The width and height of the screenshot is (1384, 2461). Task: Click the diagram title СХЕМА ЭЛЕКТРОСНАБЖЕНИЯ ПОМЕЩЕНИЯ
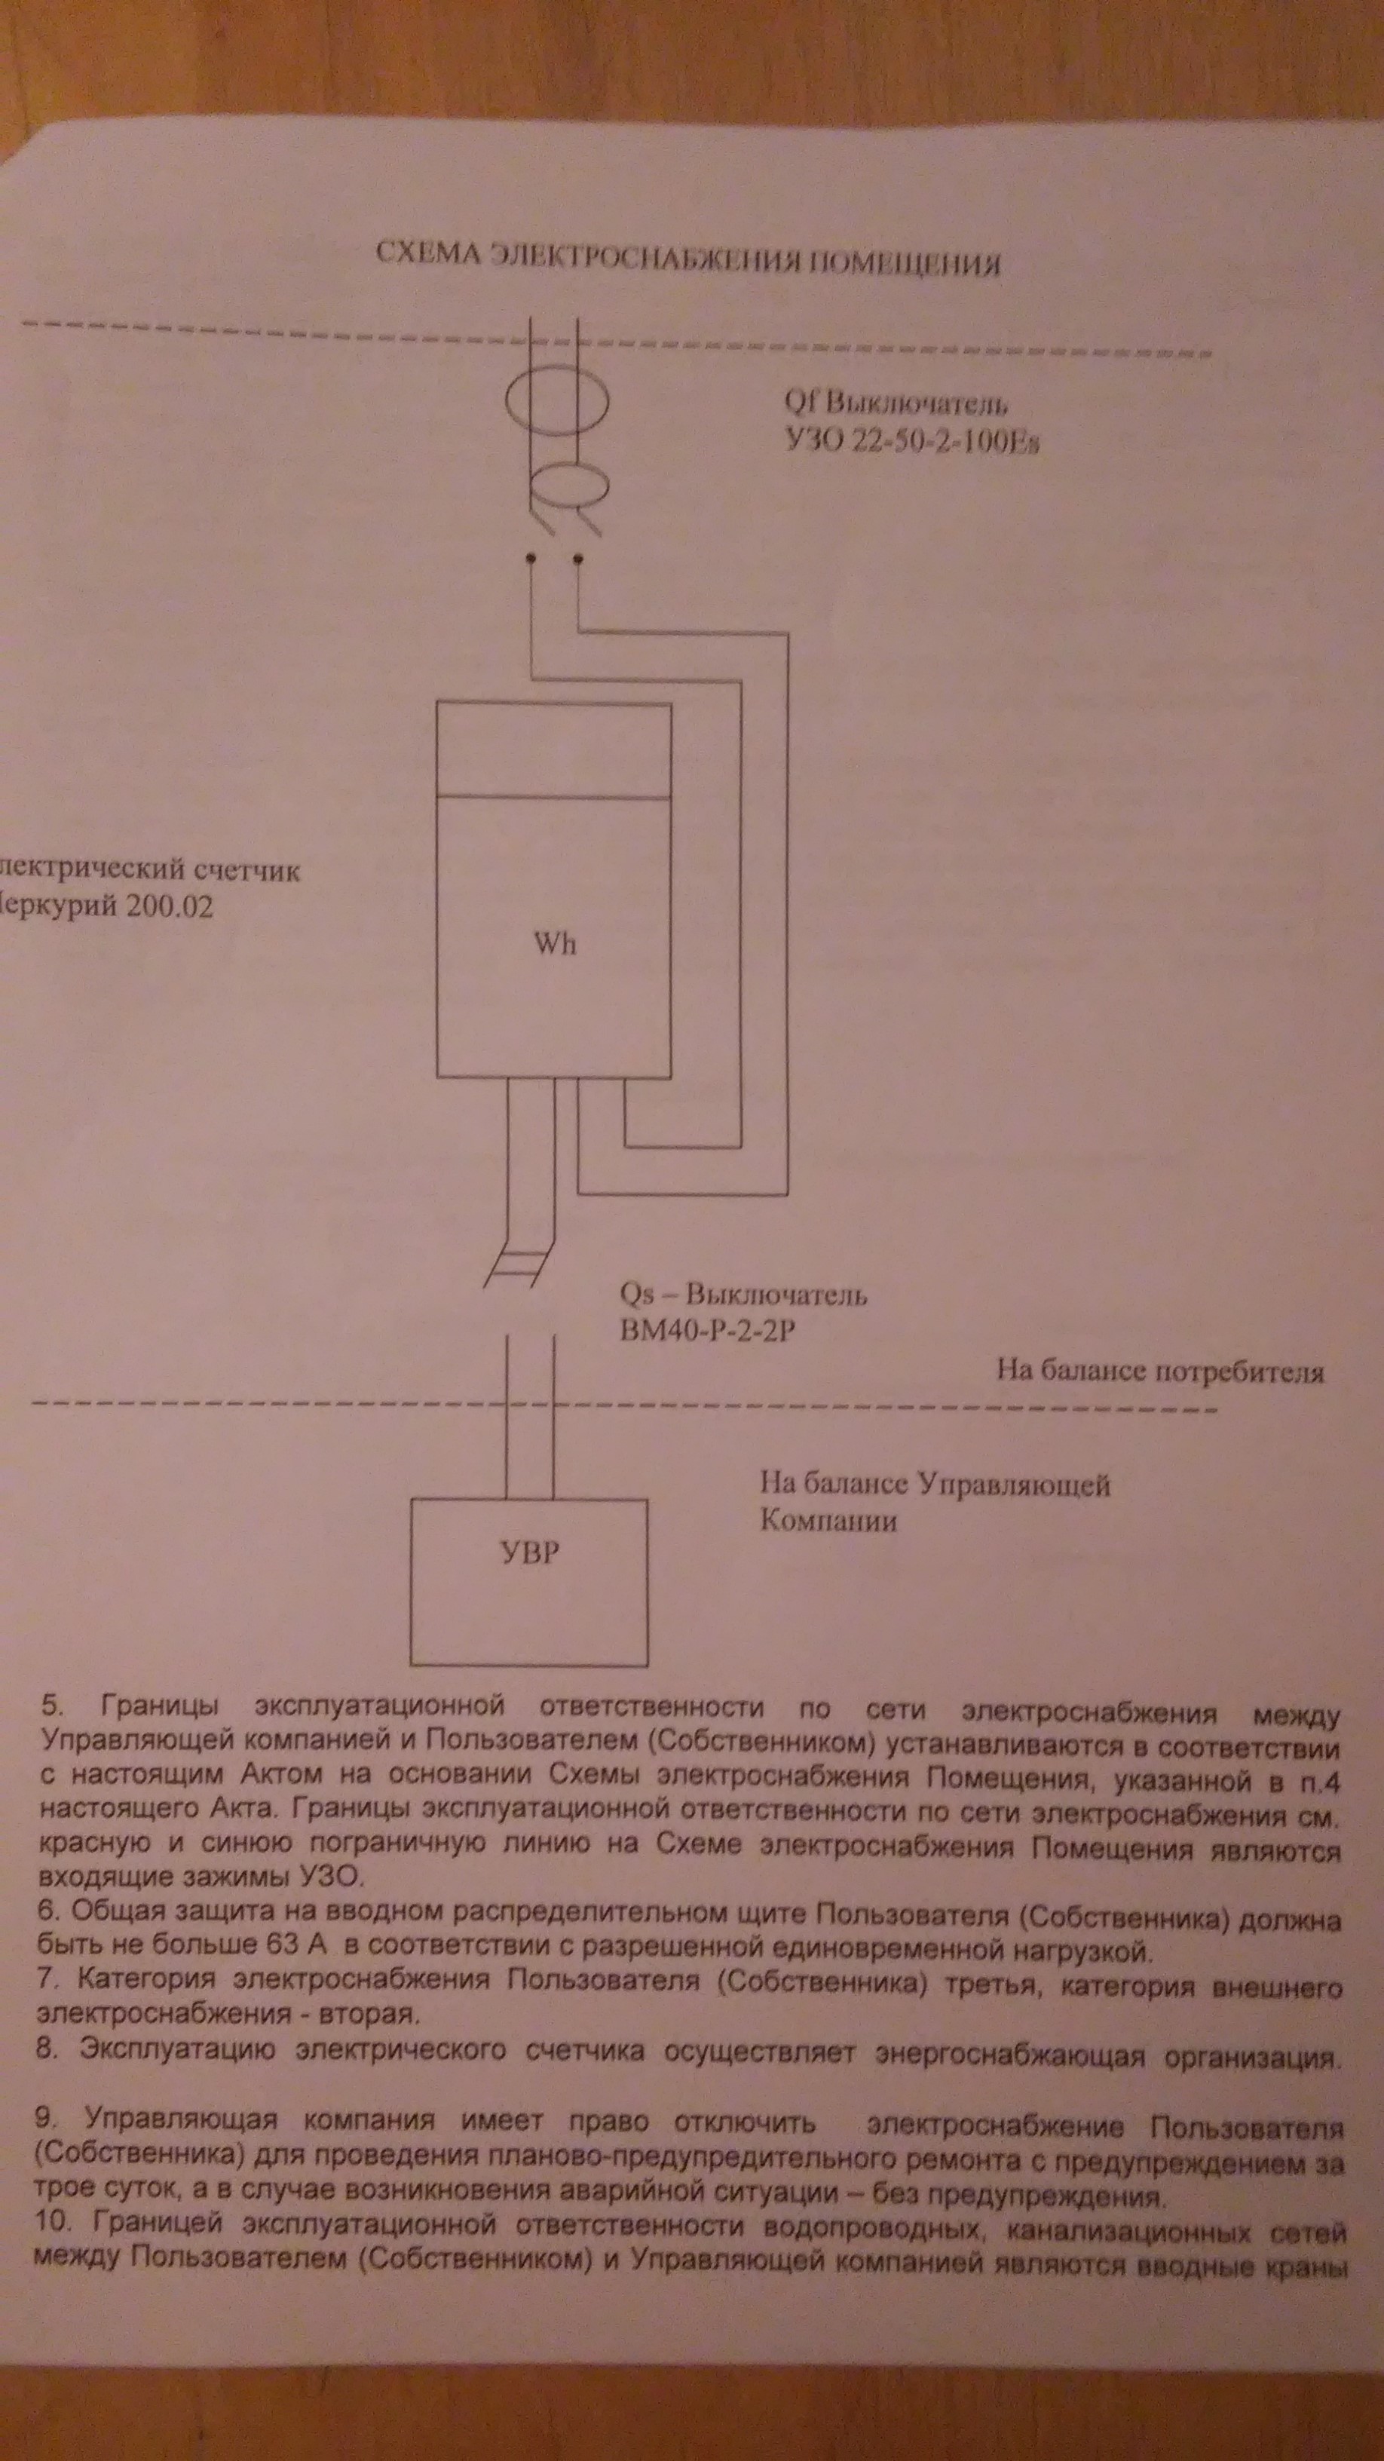click(x=687, y=259)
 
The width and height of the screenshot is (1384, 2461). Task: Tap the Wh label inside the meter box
click(x=555, y=944)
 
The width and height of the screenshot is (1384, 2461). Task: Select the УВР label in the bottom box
click(x=530, y=1552)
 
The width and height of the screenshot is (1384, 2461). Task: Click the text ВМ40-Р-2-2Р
click(x=707, y=1330)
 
